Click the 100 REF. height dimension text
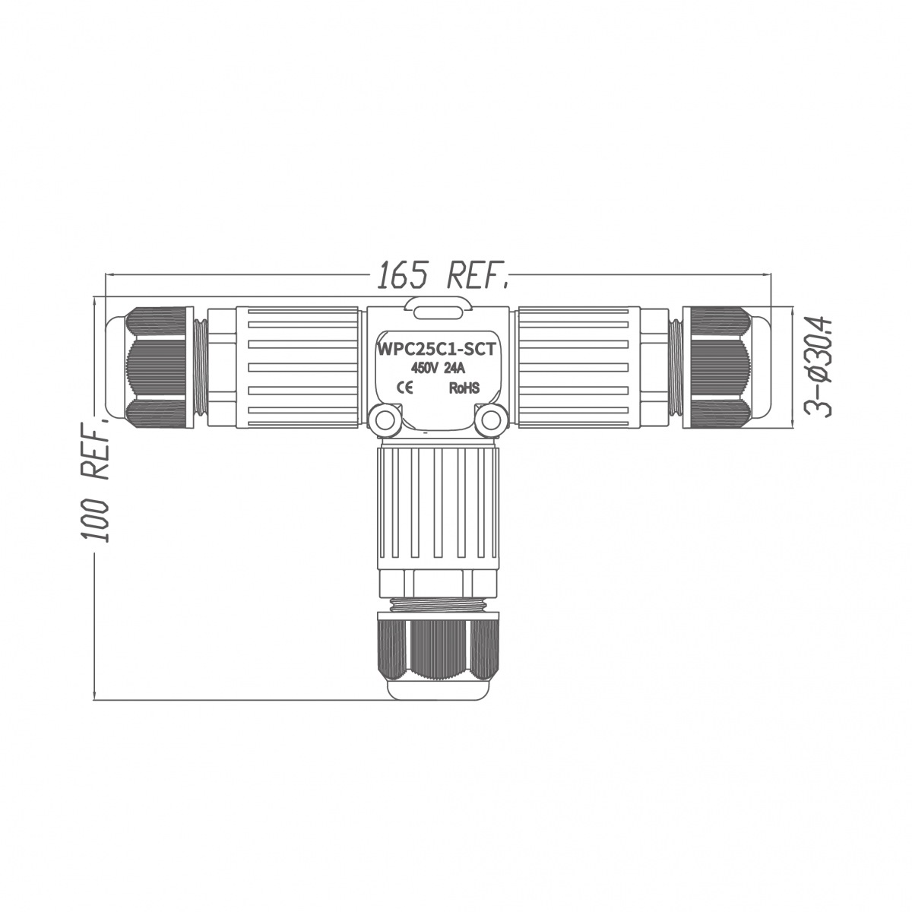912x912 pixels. [x=95, y=480]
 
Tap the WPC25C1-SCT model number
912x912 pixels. [x=436, y=350]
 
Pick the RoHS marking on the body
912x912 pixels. [x=464, y=388]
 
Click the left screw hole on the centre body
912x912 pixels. [x=384, y=419]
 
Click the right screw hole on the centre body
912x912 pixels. [x=490, y=419]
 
